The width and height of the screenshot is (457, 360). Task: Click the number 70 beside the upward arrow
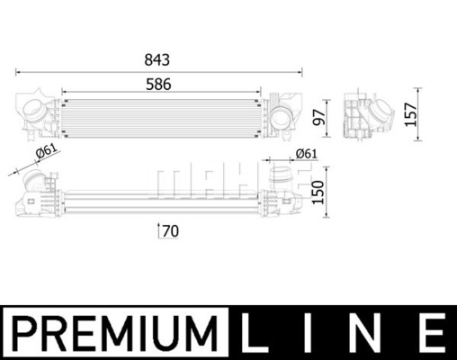pos(171,231)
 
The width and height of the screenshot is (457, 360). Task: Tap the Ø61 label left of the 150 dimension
pos(306,154)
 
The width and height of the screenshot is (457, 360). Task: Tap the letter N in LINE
pos(370,331)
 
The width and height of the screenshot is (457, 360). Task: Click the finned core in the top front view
pos(158,113)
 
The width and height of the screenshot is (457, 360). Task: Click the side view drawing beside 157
pos(372,115)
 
